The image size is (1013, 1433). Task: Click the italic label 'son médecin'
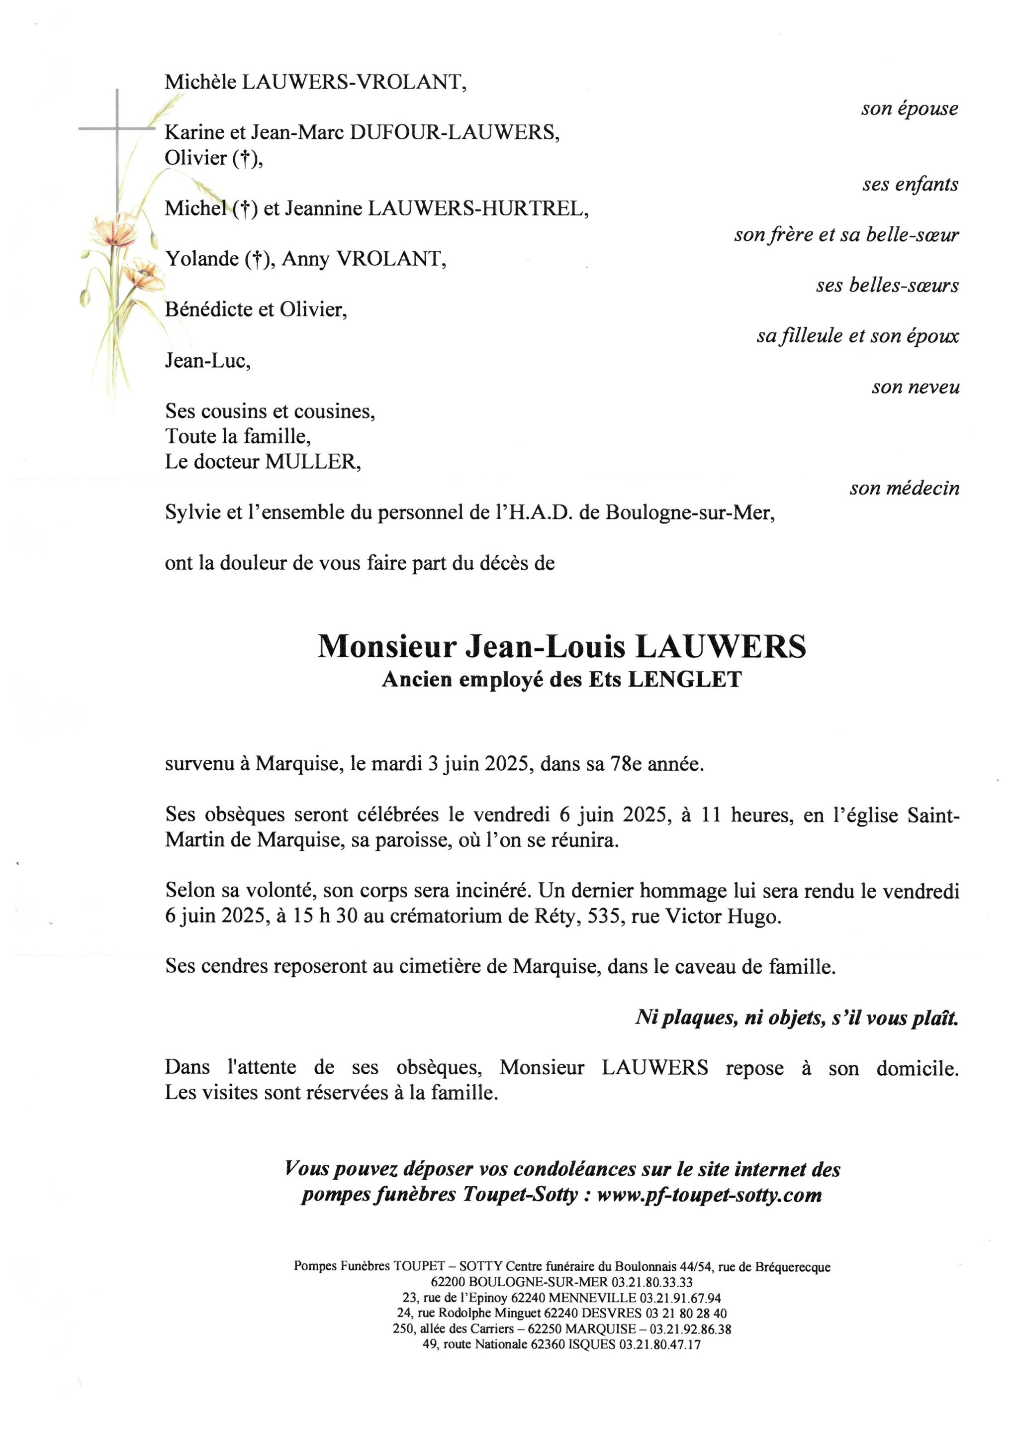point(904,488)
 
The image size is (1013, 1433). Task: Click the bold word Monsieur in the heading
point(387,647)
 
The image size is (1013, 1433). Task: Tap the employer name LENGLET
point(684,680)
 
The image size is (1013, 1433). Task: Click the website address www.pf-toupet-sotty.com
point(709,1195)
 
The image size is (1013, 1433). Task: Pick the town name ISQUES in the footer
point(590,1344)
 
